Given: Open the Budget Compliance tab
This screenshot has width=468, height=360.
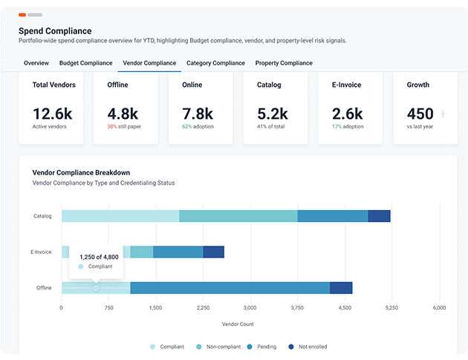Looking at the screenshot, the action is [85, 63].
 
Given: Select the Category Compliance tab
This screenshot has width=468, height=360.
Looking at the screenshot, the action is [215, 63].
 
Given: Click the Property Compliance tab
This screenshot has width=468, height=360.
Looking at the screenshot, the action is [284, 63].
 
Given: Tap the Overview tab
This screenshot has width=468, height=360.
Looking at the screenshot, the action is [36, 63].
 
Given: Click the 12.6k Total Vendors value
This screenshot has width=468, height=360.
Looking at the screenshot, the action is [53, 114].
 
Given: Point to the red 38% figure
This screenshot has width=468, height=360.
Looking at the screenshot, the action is [112, 126].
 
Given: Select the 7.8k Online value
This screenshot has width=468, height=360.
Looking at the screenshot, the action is [198, 114].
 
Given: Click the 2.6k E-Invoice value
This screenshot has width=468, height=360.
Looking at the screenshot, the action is [347, 114].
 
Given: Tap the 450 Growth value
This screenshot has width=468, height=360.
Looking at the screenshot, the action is [420, 114].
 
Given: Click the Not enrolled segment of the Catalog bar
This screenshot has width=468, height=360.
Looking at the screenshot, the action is [379, 216].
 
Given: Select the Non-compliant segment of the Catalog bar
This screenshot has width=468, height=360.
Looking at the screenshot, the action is [238, 216].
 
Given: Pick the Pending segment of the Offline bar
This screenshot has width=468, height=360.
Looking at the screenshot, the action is [230, 288].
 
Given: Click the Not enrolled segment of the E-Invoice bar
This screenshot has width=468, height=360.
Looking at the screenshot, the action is [213, 252].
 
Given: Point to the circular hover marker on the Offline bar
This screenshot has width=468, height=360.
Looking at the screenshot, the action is [96, 288].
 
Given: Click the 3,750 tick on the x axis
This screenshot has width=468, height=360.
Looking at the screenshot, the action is [297, 308].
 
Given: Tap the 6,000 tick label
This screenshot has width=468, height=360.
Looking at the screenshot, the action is [439, 308].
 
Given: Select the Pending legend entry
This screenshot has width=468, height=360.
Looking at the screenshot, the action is [261, 347].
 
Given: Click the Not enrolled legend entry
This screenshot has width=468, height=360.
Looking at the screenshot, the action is [308, 347].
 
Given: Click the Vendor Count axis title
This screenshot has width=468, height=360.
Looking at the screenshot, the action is [238, 324].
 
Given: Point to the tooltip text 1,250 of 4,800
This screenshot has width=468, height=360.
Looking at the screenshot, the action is [99, 257].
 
